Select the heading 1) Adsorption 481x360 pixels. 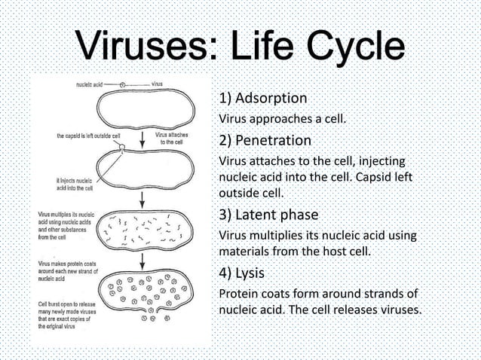tap(262, 99)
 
